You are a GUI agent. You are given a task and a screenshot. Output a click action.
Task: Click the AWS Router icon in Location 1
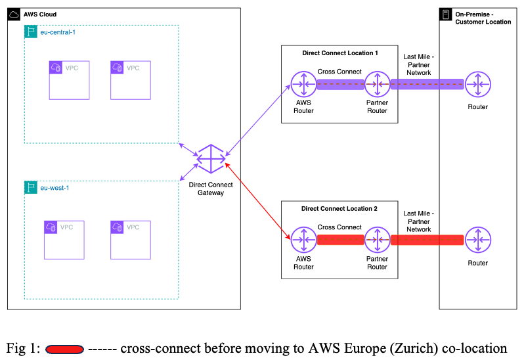click(x=303, y=84)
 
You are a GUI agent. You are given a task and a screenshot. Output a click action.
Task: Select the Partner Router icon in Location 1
click(x=377, y=84)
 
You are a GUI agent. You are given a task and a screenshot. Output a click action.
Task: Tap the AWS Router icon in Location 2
click(x=303, y=240)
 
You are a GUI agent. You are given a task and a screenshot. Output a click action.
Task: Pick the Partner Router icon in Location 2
click(x=377, y=240)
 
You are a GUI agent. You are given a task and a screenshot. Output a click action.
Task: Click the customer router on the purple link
click(x=478, y=84)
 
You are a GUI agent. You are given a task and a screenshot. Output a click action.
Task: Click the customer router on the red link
click(x=478, y=240)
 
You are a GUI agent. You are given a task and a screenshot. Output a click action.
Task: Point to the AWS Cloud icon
click(x=14, y=14)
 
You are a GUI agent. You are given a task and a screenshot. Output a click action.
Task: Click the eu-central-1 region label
click(x=58, y=32)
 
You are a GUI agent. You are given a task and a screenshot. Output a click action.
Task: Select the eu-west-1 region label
click(x=55, y=188)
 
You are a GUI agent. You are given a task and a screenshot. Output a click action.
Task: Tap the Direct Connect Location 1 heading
click(x=339, y=53)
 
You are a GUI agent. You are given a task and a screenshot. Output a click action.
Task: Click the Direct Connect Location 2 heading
click(x=339, y=209)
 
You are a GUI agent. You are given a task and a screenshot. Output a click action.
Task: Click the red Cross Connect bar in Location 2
click(x=340, y=240)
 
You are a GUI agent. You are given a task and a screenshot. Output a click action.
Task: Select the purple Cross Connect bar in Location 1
click(x=340, y=84)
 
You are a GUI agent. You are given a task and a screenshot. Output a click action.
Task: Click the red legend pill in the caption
click(x=64, y=348)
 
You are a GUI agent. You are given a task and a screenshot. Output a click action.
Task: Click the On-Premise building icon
click(x=446, y=14)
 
